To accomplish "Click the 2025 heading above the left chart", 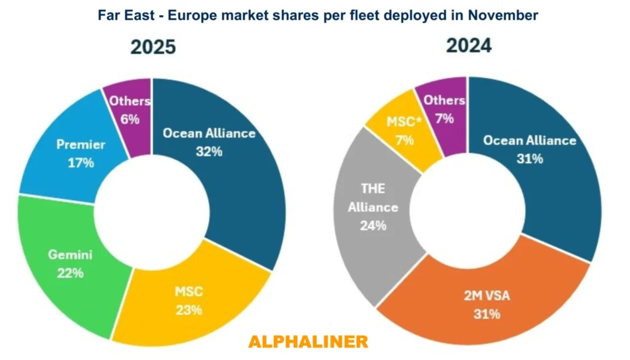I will pos(153,47).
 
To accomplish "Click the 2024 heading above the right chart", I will pos(469,45).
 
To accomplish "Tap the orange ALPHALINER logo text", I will pos(308,341).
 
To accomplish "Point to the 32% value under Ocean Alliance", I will pos(209,151).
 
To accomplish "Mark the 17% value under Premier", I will pos(81,163).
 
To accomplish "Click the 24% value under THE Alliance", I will pos(373,226).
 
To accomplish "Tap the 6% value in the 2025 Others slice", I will pos(130,119).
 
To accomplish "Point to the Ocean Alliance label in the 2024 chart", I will pos(530,140).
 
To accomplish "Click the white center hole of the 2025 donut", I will pos(152,210).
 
